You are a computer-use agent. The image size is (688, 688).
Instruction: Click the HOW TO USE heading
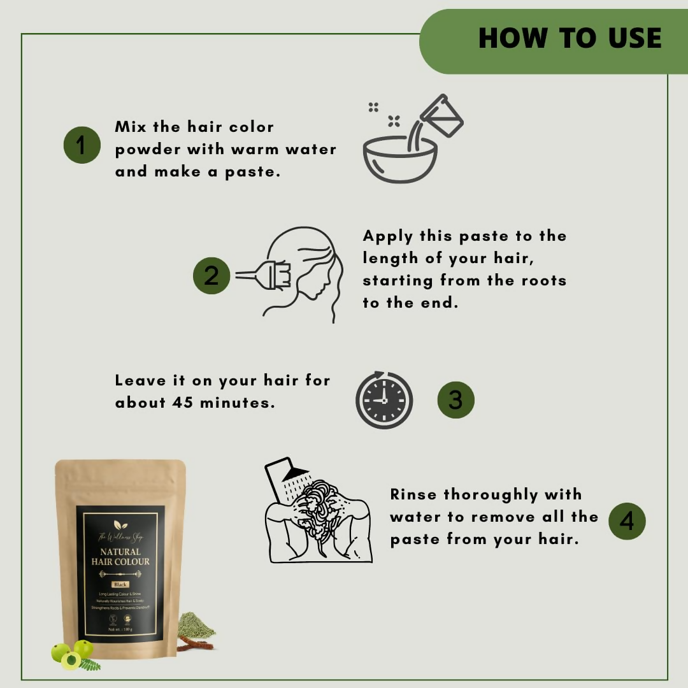coord(570,38)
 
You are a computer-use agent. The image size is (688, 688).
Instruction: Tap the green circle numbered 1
coord(82,145)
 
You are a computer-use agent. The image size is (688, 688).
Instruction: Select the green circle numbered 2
coord(211,275)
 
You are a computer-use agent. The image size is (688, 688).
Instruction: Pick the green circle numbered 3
coord(455,400)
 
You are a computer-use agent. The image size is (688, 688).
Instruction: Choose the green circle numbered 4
coord(627,521)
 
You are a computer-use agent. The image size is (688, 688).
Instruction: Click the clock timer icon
coord(383,400)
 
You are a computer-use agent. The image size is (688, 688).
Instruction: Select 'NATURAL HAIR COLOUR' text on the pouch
coord(120,556)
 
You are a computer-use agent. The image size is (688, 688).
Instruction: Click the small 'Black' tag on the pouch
coord(120,584)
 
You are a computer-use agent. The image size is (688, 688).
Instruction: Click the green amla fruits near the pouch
coord(72,654)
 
